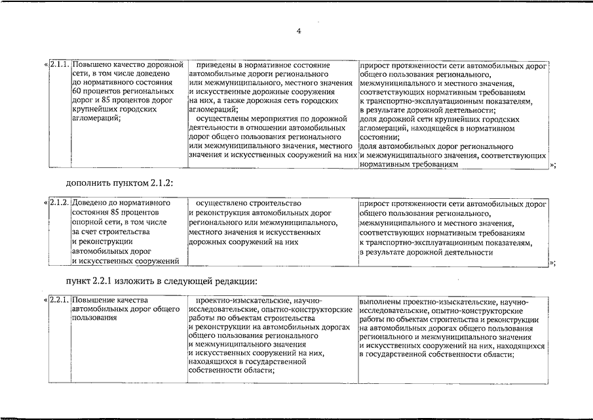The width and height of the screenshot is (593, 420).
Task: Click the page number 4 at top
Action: tap(298, 31)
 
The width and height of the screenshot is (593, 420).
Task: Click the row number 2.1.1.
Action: tap(59, 66)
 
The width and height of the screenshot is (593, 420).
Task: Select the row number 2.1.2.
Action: tap(59, 204)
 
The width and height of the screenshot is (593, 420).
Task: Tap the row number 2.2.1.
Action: tap(59, 301)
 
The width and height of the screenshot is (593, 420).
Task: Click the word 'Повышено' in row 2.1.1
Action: tap(92, 66)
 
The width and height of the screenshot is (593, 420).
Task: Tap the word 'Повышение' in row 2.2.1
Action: tap(94, 301)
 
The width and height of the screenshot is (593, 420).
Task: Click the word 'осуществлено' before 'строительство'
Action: tap(221, 204)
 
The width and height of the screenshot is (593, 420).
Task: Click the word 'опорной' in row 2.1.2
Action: tap(86, 222)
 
